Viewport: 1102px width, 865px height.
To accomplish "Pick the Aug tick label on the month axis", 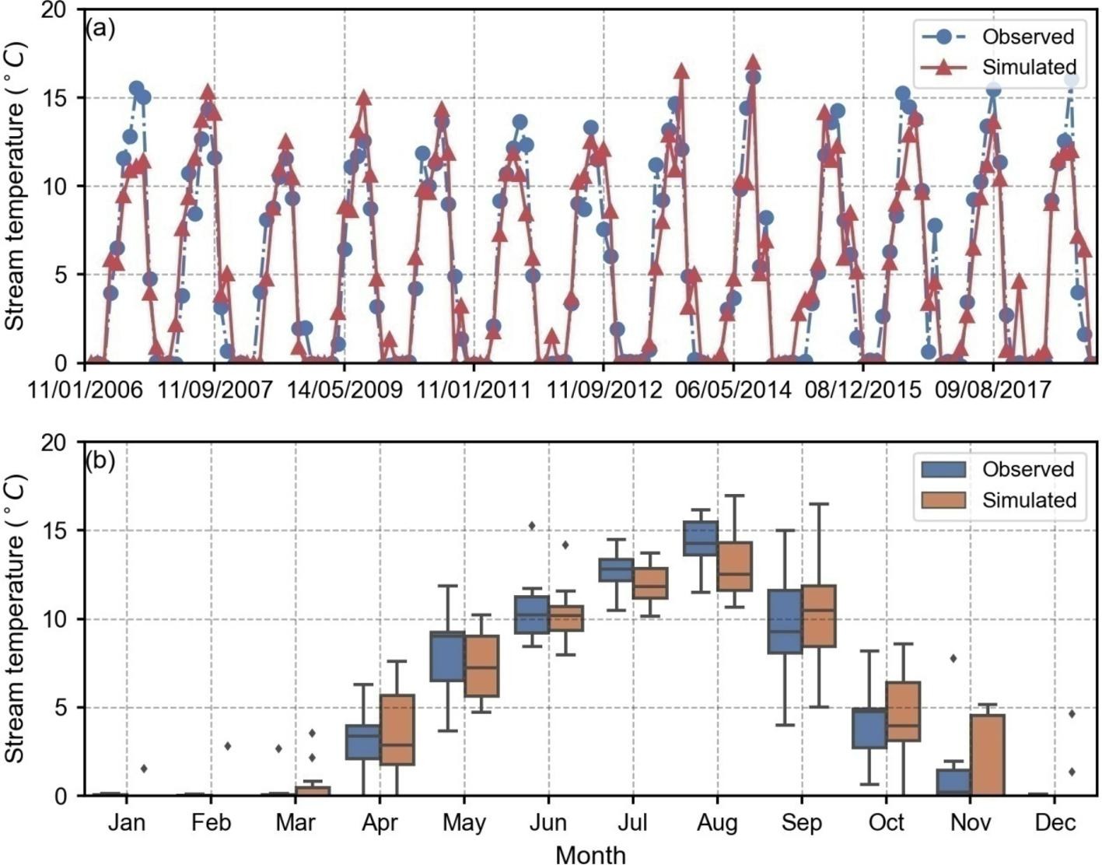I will coord(717,823).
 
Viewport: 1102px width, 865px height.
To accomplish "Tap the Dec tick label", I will coord(1055,823).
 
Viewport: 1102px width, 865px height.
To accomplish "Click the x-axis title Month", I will coord(591,854).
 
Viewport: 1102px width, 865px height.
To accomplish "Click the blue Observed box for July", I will coord(616,569).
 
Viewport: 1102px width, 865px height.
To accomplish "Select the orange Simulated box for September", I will coord(817,615).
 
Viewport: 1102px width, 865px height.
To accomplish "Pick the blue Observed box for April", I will coord(363,741).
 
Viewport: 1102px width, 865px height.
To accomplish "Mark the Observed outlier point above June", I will coord(532,526).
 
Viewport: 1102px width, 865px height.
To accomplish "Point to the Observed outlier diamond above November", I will coord(953,659).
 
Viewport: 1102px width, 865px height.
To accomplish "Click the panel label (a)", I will coord(100,29).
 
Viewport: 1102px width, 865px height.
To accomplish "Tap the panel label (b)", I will coord(100,461).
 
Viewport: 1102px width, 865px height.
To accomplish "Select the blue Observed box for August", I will coord(700,538).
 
